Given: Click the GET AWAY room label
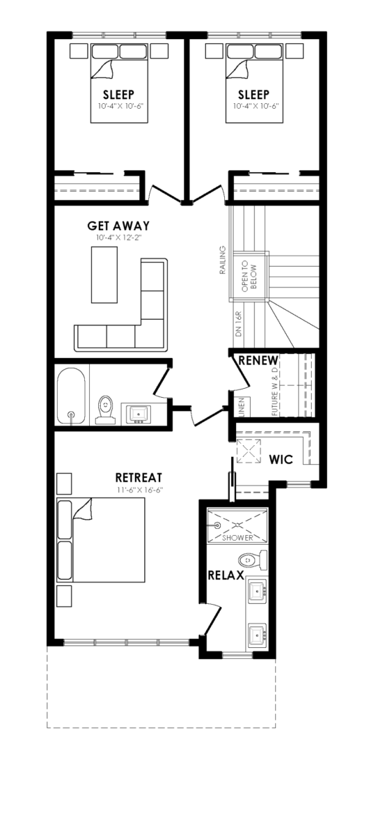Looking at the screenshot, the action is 118,226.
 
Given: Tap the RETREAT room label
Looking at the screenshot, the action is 139,478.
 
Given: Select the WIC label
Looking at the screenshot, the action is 281,459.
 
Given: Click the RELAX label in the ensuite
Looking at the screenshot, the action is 226,575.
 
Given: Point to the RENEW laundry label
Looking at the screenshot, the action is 258,361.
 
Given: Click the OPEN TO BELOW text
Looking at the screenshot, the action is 249,277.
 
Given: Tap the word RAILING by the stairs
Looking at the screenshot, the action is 223,260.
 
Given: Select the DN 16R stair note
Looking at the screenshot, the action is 239,324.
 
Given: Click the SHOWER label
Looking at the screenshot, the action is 237,537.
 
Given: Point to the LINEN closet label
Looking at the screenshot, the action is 242,407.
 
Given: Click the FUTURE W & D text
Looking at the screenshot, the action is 275,392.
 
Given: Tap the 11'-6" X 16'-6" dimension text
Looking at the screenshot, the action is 139,490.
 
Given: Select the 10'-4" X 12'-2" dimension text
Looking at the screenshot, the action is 119,238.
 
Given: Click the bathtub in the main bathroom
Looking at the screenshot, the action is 71,396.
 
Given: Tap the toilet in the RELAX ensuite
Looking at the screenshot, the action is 253,560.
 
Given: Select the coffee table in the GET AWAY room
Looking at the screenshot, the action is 104,274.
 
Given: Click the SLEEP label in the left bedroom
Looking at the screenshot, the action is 118,95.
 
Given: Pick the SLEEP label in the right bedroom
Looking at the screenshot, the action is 253,95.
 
